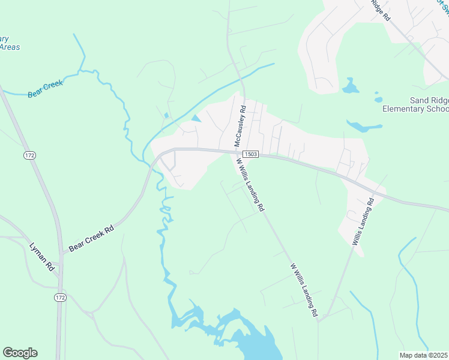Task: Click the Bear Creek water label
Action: pyautogui.click(x=45, y=88)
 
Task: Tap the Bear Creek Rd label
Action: pyautogui.click(x=91, y=238)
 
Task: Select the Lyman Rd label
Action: pyautogui.click(x=42, y=257)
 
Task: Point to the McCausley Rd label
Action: pyautogui.click(x=240, y=126)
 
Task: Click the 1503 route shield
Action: pyautogui.click(x=251, y=154)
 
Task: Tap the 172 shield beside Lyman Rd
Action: pyautogui.click(x=59, y=298)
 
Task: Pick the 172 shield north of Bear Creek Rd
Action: pyautogui.click(x=29, y=155)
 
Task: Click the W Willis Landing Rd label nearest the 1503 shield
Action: pyautogui.click(x=250, y=184)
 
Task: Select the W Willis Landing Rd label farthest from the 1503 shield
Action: pyautogui.click(x=304, y=290)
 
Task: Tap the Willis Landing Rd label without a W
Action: pyautogui.click(x=363, y=221)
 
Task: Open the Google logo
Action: pyautogui.click(x=20, y=353)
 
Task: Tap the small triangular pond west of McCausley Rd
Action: pyautogui.click(x=196, y=118)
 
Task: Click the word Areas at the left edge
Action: pyautogui.click(x=10, y=47)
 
